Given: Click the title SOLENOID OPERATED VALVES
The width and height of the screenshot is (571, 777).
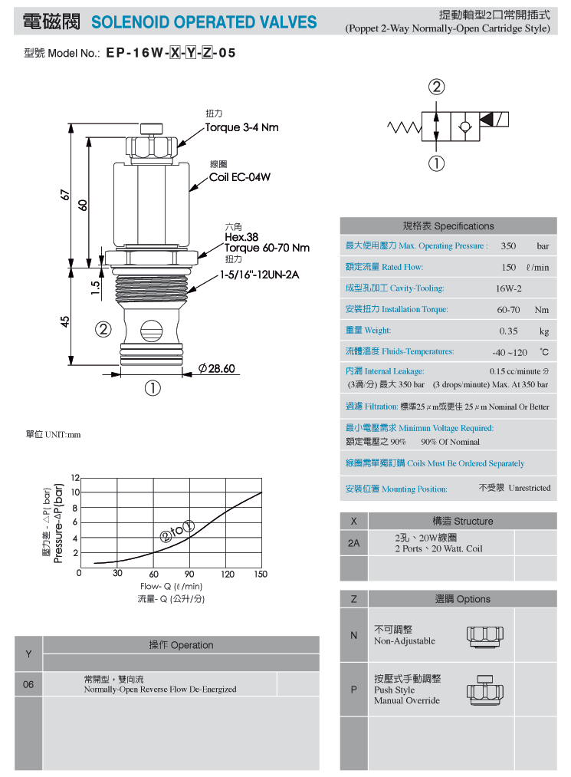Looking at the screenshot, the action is (x=204, y=22).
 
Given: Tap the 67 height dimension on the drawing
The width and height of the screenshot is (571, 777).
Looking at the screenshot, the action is (x=65, y=195).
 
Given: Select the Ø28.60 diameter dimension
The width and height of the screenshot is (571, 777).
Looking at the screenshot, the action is (x=216, y=368).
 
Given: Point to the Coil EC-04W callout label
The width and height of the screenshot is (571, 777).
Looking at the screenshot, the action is (x=240, y=177).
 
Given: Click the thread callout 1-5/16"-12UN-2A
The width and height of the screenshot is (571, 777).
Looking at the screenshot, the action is (x=260, y=275).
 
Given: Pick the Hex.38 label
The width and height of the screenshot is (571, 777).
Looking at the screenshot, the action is (x=241, y=237).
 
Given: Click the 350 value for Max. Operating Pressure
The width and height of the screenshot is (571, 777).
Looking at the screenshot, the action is (x=508, y=245).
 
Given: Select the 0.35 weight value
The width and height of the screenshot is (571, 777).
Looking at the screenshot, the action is (x=509, y=331).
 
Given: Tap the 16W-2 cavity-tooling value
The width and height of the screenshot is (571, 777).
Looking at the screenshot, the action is (x=509, y=288).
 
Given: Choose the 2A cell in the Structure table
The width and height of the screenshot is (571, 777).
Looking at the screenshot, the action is (x=353, y=543).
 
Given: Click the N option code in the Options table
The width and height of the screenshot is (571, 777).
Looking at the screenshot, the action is (x=353, y=635).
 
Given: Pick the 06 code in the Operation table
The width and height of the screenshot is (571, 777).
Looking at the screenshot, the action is (x=28, y=684).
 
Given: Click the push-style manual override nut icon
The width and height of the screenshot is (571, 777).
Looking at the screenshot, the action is (x=485, y=690).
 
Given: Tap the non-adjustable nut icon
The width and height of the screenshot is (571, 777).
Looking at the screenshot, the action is (x=485, y=637).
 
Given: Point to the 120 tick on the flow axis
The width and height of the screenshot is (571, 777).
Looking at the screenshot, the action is (x=228, y=574).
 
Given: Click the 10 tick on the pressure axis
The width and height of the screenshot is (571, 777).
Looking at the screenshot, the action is (x=75, y=492).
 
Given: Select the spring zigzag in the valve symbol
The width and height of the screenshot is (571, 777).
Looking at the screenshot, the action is (x=405, y=127).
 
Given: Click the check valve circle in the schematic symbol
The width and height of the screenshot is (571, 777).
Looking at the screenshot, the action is (x=464, y=127).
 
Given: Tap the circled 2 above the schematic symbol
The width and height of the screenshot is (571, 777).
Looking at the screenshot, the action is (x=436, y=87).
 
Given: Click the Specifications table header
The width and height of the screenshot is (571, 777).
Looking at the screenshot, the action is (x=448, y=226).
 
